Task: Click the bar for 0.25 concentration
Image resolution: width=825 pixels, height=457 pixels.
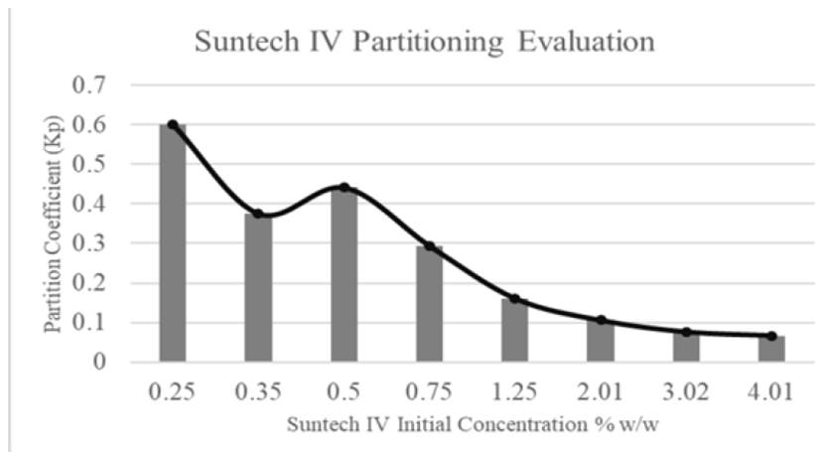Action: pos(173,243)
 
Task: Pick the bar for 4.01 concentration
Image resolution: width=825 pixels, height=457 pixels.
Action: pos(771,349)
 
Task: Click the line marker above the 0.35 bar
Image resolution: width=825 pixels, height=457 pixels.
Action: pos(258,214)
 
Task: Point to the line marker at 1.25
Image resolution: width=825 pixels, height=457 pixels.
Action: pos(514,298)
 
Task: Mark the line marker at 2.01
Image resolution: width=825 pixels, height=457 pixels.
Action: pos(601,320)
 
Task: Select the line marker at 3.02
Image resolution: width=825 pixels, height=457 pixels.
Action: pos(686,332)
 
